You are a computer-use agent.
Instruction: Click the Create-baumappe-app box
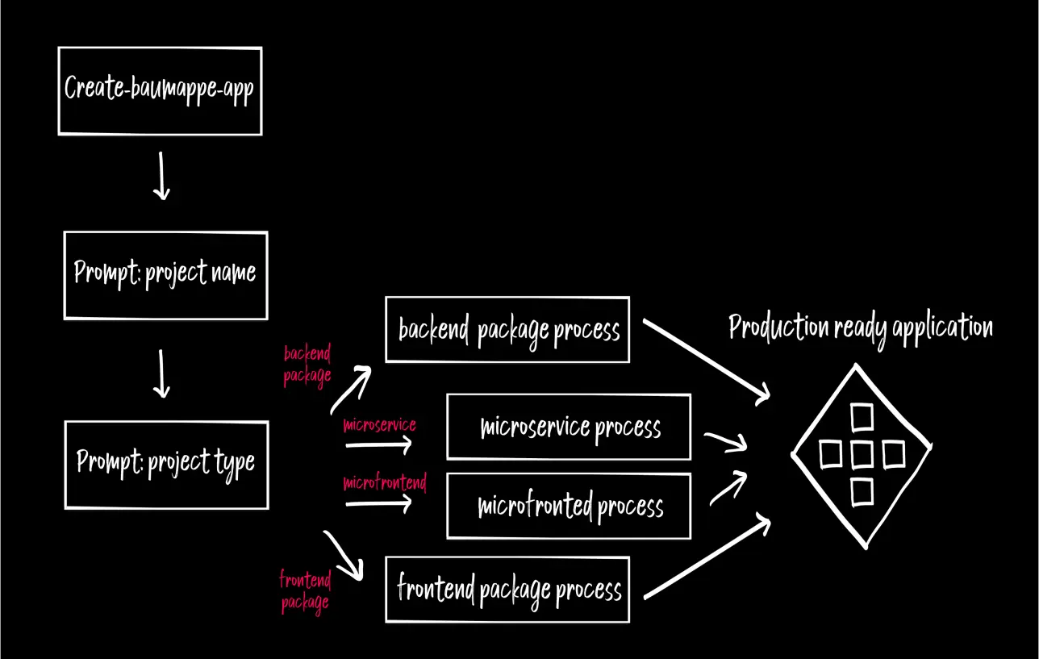160,90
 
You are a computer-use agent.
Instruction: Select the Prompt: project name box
165,275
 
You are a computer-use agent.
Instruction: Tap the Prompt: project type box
166,465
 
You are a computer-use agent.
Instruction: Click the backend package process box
507,330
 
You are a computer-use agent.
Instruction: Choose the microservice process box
569,427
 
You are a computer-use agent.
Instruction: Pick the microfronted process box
569,507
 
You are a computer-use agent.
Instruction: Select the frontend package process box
507,590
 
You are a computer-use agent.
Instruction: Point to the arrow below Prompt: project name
161,373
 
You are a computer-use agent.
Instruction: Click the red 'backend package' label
307,364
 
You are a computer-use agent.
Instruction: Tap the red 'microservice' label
379,424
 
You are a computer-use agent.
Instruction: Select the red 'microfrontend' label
384,482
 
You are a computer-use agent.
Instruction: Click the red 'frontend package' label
305,590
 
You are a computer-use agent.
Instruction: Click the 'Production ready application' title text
860,328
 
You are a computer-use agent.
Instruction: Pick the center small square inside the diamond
862,455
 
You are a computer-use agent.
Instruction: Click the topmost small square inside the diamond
862,417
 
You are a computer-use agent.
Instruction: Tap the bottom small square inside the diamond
862,491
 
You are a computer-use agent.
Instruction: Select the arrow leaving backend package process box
707,361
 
